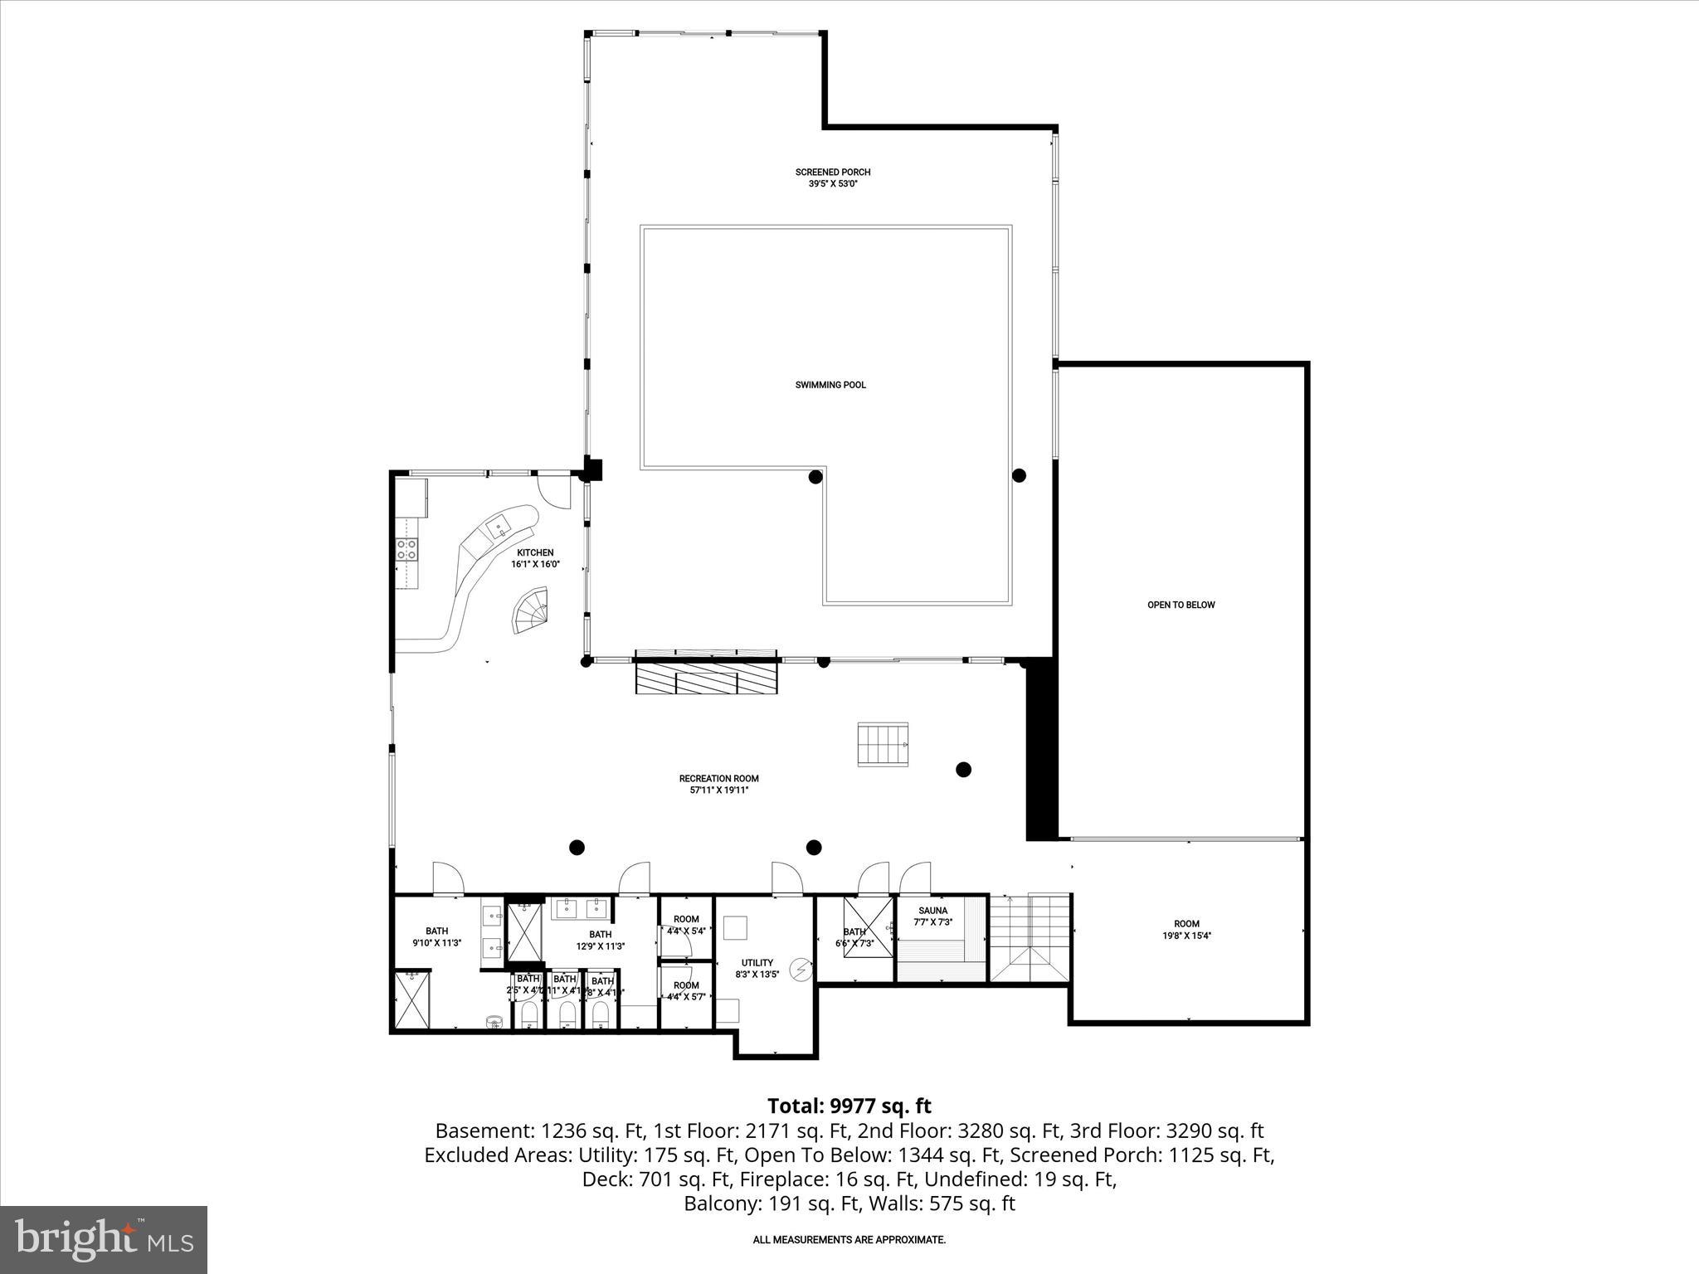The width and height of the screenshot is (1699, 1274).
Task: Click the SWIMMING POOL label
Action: pos(830,385)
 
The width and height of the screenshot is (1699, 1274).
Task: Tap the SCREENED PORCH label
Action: pos(833,173)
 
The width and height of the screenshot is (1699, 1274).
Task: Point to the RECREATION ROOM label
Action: pos(718,778)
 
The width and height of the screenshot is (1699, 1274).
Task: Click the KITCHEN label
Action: pos(535,552)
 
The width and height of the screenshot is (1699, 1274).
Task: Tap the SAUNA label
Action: pos(932,911)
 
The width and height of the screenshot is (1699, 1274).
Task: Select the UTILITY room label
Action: pos(757,963)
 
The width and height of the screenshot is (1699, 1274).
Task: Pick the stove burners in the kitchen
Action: pos(407,548)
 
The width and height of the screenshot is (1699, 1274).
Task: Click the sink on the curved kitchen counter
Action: pos(499,525)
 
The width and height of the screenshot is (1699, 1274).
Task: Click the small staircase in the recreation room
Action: pos(884,744)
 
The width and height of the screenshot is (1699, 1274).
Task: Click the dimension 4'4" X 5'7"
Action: pos(686,997)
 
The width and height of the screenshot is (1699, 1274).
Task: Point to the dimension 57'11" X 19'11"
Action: pos(718,790)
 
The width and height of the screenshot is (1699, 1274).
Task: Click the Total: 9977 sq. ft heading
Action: pos(849,1106)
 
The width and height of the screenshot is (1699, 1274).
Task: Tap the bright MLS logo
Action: pos(104,1240)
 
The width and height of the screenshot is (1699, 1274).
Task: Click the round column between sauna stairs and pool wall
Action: pos(963,769)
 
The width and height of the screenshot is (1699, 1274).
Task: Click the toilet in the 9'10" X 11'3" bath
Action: pos(495,1022)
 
